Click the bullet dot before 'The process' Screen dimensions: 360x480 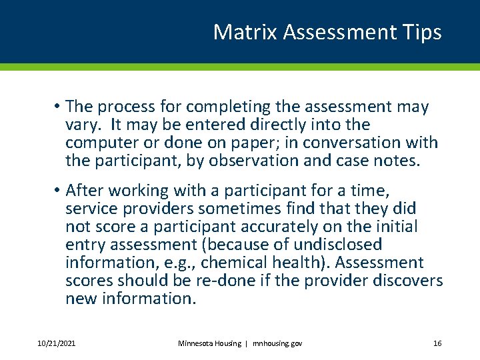pos(59,107)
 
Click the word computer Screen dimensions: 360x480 pos(98,143)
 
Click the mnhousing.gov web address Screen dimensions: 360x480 pos(277,343)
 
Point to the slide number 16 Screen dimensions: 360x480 pos(437,343)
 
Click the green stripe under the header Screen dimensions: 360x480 pos(240,67)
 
